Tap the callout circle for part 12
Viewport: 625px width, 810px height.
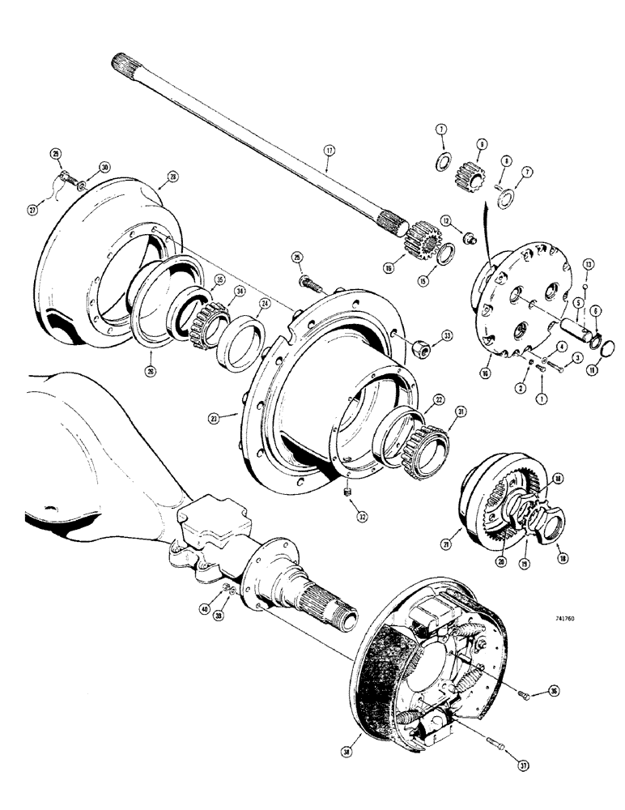click(x=445, y=221)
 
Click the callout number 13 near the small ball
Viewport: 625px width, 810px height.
click(x=589, y=264)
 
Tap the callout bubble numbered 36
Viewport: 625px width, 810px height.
click(x=531, y=691)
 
